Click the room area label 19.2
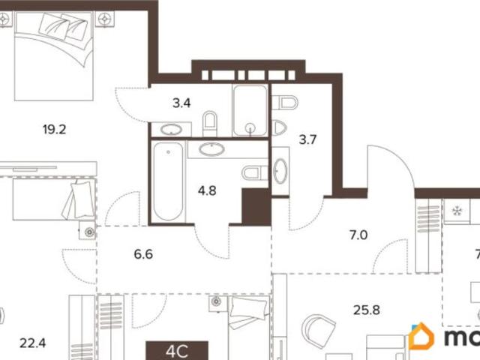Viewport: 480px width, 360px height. coord(55,128)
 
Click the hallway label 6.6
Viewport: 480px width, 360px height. coord(143,253)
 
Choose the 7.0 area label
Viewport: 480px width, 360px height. coord(358,235)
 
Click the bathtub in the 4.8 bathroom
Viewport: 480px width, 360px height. coord(167,180)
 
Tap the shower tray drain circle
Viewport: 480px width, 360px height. coord(247,127)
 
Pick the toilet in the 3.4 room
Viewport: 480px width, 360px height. coord(211,123)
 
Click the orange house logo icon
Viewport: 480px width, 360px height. coord(421,337)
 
